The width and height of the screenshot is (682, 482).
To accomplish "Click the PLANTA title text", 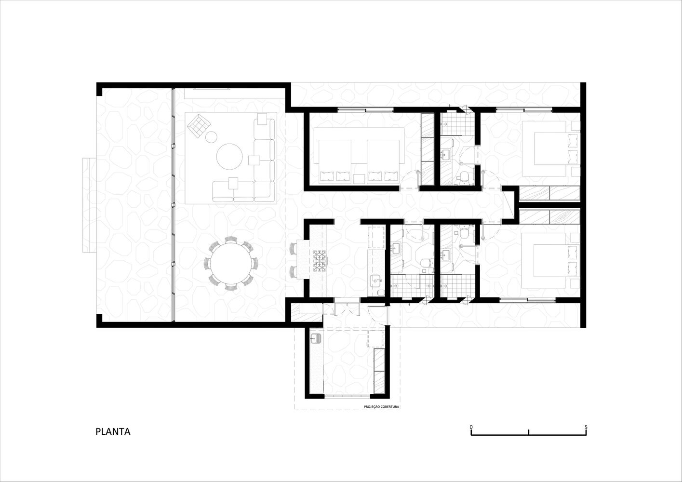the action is point(113,432).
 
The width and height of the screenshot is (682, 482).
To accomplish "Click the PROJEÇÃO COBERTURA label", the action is point(382,407).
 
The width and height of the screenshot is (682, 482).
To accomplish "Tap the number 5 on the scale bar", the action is point(586,427).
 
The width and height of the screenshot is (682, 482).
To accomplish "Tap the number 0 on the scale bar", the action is point(471,427).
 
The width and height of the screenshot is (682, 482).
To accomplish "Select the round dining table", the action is point(231,263).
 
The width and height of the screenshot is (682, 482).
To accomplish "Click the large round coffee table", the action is point(229,157).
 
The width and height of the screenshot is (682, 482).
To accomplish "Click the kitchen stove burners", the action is point(320,261).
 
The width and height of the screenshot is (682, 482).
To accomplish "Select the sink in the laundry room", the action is point(315,338).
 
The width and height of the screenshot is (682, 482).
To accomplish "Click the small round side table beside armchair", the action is point(211,137).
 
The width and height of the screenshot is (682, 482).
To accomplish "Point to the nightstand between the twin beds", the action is point(359,179).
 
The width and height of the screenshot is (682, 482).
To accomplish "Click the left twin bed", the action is point(335,161).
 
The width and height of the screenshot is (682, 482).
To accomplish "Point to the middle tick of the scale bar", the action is point(529,432).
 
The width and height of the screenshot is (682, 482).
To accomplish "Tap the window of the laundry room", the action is point(347,396).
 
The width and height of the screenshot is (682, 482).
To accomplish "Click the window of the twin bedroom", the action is point(365,109).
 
